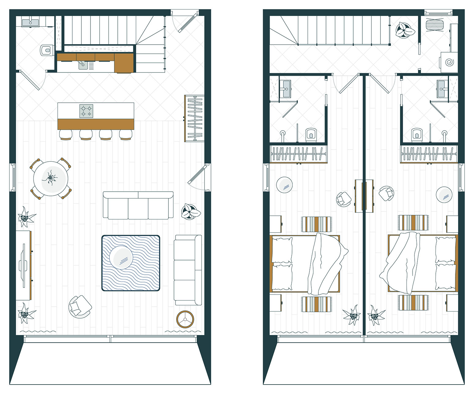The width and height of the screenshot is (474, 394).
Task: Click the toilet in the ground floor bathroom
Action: [46, 50]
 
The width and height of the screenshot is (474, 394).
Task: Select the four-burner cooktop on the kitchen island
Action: [86, 111]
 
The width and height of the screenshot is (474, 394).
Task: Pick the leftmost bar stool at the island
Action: [65, 134]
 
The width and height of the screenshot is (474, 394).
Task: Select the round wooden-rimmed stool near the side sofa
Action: [185, 319]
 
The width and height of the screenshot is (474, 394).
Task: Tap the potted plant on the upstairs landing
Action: [405, 30]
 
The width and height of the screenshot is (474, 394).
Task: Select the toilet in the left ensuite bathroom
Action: [311, 134]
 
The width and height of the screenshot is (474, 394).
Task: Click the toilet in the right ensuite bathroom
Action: [416, 134]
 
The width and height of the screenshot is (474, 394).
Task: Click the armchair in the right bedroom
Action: [387, 193]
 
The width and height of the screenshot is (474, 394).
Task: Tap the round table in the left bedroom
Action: [284, 185]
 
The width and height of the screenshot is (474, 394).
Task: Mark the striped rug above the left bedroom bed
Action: [316, 224]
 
